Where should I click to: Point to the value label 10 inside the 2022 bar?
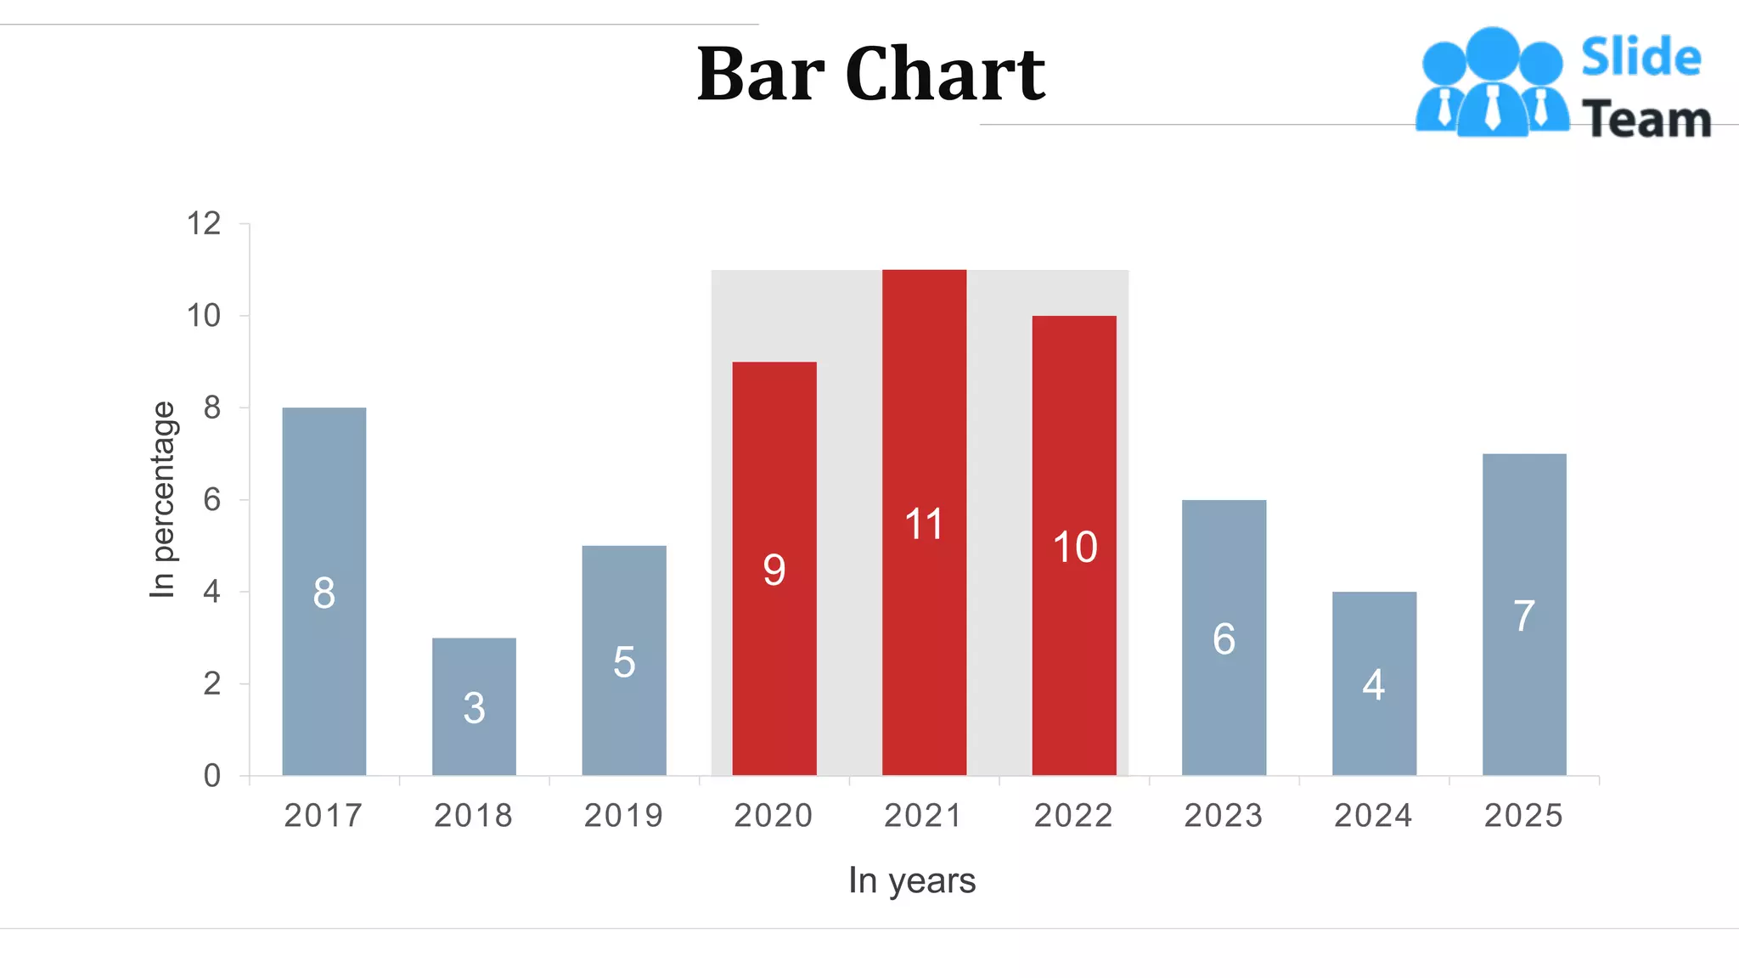[1075, 547]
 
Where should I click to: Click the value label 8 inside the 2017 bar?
[324, 593]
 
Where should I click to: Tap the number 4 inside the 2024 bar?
[1374, 684]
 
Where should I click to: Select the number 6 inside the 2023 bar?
[1224, 638]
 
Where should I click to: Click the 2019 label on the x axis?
[623, 816]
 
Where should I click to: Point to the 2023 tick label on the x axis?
[1224, 816]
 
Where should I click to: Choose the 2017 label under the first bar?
[324, 816]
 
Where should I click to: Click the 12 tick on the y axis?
[204, 224]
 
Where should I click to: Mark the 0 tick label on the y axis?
[211, 776]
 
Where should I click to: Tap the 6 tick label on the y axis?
[211, 500]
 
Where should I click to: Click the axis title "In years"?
[912, 880]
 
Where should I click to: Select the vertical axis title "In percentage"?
[162, 499]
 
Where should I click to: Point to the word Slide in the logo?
[1641, 58]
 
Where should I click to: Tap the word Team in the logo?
[1646, 119]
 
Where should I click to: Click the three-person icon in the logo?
[1492, 83]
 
